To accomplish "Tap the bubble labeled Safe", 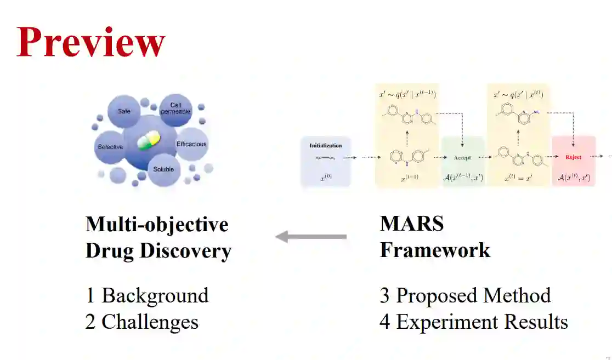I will click(x=124, y=111).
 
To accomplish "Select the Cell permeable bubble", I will click(x=175, y=109).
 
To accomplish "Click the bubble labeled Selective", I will click(x=110, y=147).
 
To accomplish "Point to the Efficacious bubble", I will click(x=191, y=144).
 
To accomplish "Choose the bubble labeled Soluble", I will click(x=163, y=169).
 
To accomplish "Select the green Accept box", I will click(x=462, y=158).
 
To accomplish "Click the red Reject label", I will click(x=573, y=157).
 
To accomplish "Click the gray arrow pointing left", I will click(x=311, y=237).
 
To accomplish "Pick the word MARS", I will click(x=412, y=224).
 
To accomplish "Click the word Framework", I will click(x=435, y=250).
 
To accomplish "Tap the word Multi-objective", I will click(x=157, y=224).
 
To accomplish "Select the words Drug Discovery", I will click(x=158, y=251).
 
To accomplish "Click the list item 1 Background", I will click(x=147, y=295).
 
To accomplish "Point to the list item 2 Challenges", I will click(x=141, y=321).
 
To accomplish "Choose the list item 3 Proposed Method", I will click(x=465, y=295).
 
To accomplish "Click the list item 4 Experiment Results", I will click(x=473, y=321).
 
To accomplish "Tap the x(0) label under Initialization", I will click(x=325, y=178).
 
